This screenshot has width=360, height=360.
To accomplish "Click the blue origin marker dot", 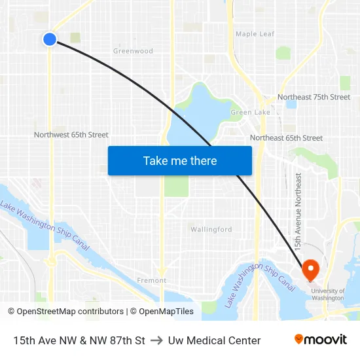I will coord(50,39).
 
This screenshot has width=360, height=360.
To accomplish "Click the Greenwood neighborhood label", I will coord(133,51).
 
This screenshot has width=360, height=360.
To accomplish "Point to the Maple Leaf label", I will coord(255,34).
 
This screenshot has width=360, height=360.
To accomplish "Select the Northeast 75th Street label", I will coord(314,97).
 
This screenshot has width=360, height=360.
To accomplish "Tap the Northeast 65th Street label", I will coord(286,138).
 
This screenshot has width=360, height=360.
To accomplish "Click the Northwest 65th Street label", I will coord(71,135).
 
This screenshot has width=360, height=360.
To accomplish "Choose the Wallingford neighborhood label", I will coord(211,230).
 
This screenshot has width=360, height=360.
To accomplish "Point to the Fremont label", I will coord(151,280).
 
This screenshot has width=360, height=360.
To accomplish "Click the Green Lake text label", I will coord(250,113).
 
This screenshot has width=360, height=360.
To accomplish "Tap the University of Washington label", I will coord(327,295).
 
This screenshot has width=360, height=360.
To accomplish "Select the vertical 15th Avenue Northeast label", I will coord(298,211).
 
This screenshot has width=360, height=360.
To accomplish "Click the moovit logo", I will coord(321,340).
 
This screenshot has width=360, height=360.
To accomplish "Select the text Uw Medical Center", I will coord(214,340).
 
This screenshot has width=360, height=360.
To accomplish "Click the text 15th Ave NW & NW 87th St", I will coord(79,340).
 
